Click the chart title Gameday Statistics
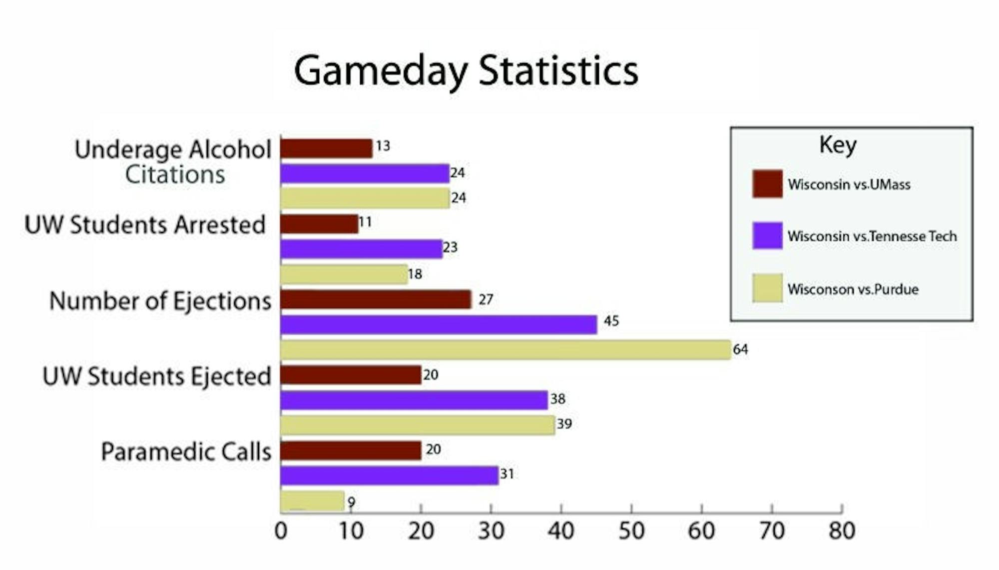coord(466,70)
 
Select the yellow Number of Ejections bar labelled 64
coord(505,349)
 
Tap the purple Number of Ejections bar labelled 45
coord(439,324)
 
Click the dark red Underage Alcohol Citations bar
coord(326,148)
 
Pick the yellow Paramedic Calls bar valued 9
coord(312,501)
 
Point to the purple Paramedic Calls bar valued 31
coord(389,475)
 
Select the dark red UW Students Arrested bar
coord(319,224)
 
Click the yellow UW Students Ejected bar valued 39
coord(418,425)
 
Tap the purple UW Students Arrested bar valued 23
coord(361,248)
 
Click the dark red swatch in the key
coord(767,183)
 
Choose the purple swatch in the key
coord(767,235)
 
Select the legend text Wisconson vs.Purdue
coord(853,289)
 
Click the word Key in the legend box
coord(838,145)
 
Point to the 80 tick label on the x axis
coord(842,531)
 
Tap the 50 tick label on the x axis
coord(631,531)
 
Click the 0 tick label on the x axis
coord(281,531)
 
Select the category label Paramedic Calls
coord(186,451)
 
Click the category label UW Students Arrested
coord(145,224)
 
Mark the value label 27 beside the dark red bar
coord(486,299)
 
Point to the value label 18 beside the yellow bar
coord(415,274)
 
